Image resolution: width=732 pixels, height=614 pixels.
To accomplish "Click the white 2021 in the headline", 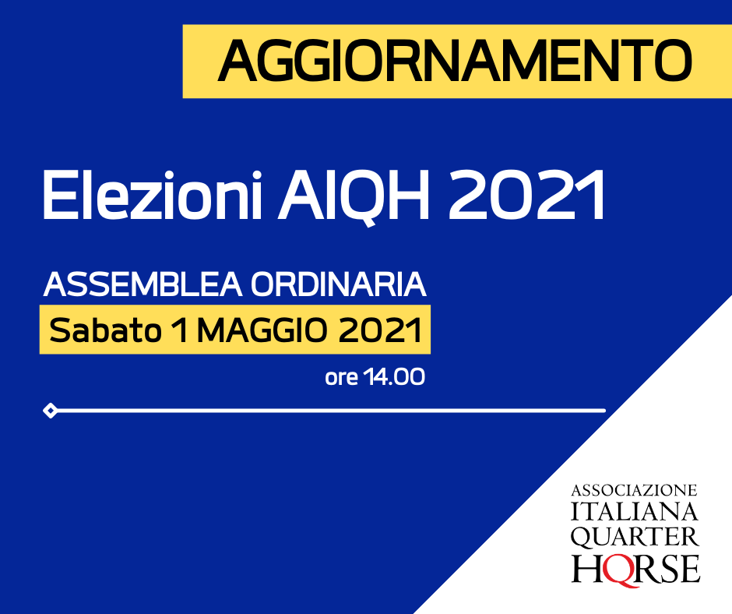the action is coord(526,196).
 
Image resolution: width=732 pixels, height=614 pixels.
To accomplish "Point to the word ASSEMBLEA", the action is coord(143,284).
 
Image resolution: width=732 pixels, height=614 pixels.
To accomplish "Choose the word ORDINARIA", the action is coord(339,284).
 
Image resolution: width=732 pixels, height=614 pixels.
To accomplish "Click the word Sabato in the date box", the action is coord(105,330).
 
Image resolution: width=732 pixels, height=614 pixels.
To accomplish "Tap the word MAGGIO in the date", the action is coord(262,330).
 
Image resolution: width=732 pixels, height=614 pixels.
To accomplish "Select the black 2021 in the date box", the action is coord(380,330).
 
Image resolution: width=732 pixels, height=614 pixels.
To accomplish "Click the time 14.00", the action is coord(395,376).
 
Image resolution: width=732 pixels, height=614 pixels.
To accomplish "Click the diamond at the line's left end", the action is coord(50,411).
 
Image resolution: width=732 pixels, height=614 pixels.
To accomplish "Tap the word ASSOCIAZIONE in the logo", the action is coord(635,491).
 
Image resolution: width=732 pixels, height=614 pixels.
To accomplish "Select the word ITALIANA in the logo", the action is coord(635,512).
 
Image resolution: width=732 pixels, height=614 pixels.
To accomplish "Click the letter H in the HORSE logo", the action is coord(587,568).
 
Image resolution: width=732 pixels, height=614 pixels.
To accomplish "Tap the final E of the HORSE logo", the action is coord(689,568).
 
